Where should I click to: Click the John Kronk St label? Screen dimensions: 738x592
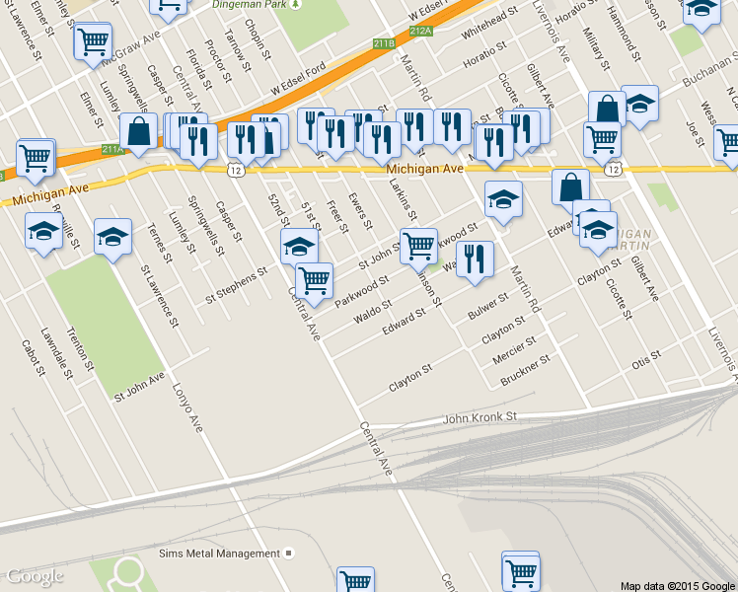[480, 418]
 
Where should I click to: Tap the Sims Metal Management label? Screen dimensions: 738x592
[219, 554]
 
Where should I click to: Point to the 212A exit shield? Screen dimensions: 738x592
[420, 32]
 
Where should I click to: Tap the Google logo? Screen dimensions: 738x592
[35, 576]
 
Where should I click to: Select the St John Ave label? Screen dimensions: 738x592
[139, 378]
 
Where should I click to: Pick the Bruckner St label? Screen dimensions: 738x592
[525, 368]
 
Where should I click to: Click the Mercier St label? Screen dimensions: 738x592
[515, 348]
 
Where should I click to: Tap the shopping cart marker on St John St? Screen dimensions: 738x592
[417, 246]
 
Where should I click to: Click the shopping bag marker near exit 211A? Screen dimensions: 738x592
[139, 132]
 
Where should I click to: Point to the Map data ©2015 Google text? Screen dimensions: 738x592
[677, 585]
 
